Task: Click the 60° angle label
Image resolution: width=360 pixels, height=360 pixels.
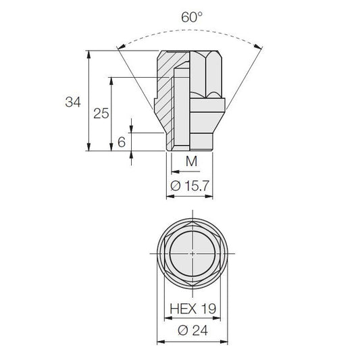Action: point(192,17)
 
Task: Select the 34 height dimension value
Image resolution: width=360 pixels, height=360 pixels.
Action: point(73,102)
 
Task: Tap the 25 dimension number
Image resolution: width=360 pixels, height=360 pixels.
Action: point(101,113)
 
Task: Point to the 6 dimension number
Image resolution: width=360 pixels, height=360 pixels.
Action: point(122,142)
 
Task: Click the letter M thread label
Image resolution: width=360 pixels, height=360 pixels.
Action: point(191,161)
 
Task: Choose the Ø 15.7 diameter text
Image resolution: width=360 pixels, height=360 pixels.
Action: point(190,186)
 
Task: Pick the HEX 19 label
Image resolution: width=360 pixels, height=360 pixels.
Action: point(193,309)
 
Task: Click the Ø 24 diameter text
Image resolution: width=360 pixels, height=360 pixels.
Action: point(192,330)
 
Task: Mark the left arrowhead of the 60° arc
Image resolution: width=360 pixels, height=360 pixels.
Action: point(121,47)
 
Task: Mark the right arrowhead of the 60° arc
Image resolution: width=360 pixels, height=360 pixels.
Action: point(257,47)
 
